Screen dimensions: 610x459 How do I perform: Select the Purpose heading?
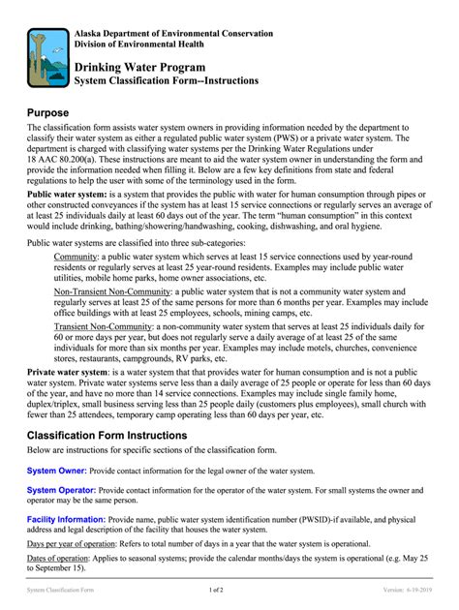54,112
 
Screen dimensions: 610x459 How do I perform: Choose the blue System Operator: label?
62,490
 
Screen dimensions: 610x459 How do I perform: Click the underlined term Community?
76,257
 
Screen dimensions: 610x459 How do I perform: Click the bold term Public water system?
67,194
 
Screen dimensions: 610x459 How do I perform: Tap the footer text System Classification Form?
60,589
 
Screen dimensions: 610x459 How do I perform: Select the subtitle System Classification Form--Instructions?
167,81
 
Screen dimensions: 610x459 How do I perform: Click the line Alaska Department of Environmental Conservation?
173,33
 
